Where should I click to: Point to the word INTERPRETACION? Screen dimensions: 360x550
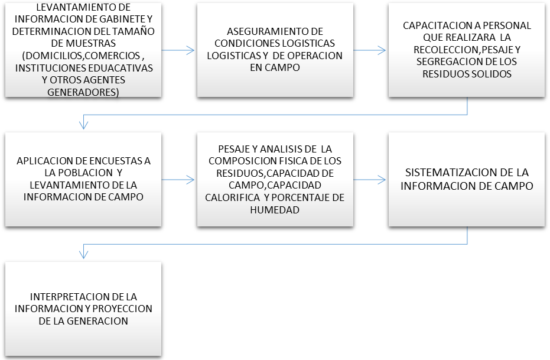(64, 297)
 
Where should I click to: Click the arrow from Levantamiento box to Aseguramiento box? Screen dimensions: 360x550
(178, 51)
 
